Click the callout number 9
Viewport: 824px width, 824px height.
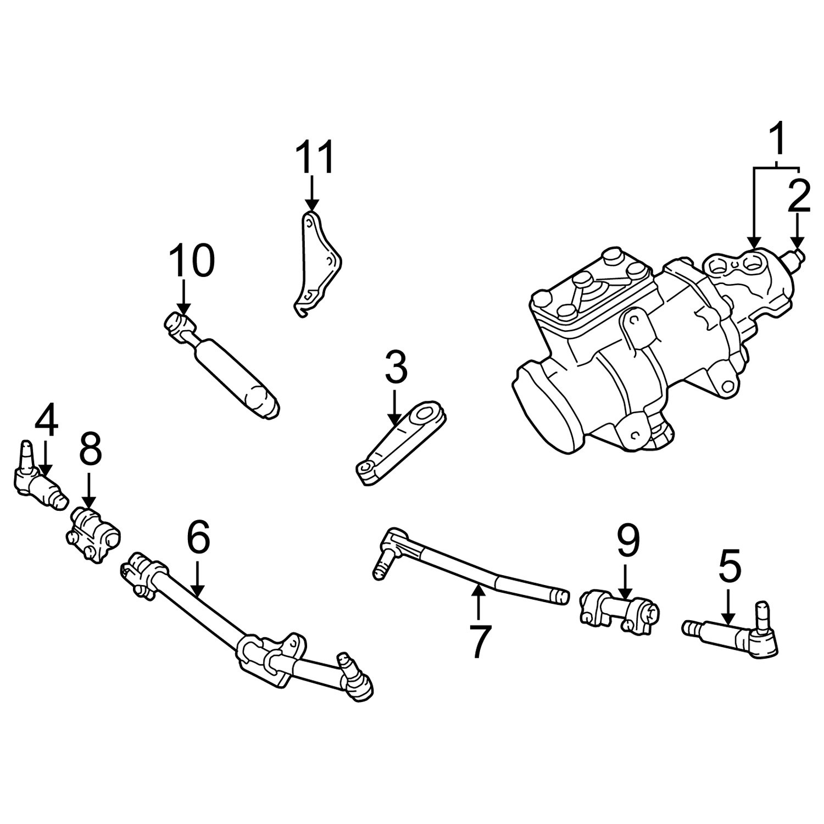[x=628, y=540]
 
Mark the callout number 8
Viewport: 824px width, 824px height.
[x=90, y=452]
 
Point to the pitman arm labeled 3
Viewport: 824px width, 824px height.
[x=402, y=443]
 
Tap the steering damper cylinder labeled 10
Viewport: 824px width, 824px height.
[x=222, y=364]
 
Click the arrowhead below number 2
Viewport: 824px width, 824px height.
[x=798, y=242]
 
